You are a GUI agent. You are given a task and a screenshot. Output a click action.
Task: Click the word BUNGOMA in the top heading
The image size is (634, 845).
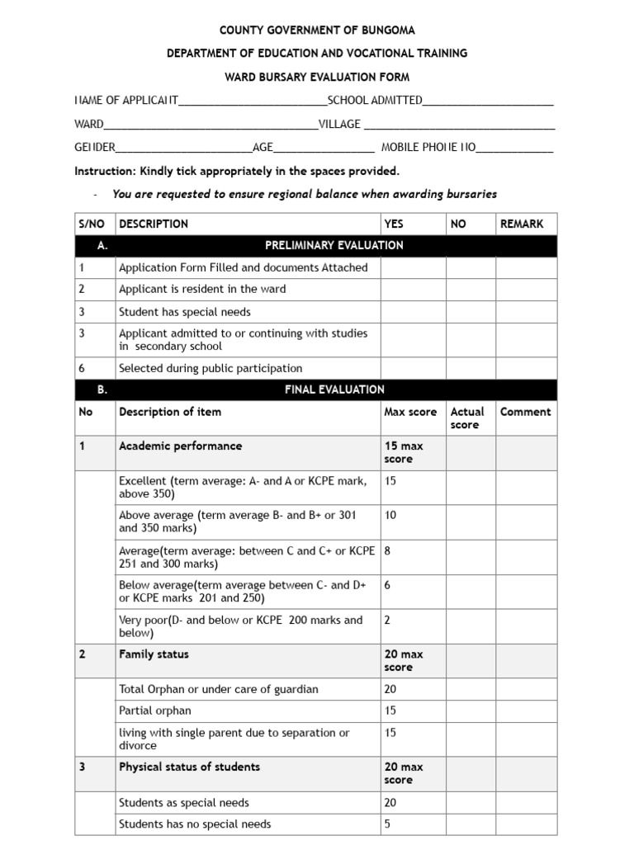click(388, 31)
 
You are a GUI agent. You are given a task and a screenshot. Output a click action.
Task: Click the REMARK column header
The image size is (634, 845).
click(521, 224)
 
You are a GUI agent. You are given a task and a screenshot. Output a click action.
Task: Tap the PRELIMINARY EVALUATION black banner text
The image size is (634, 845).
click(334, 245)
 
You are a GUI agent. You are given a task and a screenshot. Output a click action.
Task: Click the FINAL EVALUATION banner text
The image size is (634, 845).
click(334, 389)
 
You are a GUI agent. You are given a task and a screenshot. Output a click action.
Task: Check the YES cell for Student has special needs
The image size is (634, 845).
click(412, 312)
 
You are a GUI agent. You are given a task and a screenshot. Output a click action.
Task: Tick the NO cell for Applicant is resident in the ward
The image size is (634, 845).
click(470, 290)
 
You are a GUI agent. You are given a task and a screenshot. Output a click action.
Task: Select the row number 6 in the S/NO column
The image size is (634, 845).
click(82, 368)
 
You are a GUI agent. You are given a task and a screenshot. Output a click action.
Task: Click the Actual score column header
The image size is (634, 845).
click(467, 418)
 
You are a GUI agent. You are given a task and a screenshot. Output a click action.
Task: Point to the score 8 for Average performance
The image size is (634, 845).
click(387, 551)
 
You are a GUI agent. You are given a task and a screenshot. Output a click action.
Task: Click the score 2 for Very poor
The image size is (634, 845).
click(387, 620)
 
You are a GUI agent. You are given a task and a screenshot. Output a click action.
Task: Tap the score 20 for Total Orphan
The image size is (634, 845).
click(390, 689)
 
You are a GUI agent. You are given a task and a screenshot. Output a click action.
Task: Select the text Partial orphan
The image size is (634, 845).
click(154, 710)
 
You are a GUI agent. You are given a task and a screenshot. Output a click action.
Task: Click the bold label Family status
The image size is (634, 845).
click(154, 654)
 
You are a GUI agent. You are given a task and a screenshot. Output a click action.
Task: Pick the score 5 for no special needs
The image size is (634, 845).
click(387, 824)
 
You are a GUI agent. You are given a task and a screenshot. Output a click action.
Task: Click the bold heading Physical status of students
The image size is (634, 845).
click(189, 767)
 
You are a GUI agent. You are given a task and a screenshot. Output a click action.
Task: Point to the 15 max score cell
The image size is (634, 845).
click(404, 452)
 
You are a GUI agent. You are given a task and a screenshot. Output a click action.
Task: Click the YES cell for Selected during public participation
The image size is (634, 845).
click(412, 368)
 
